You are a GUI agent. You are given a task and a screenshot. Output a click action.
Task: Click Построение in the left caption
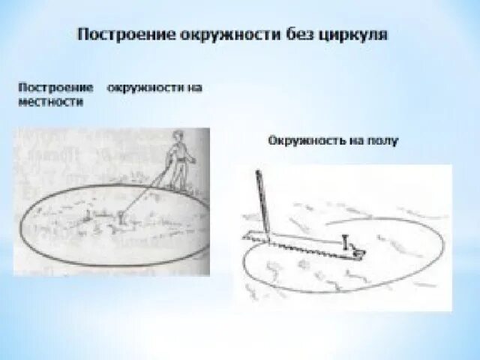pos(45,88)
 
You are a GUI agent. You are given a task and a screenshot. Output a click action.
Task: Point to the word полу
pos(385,140)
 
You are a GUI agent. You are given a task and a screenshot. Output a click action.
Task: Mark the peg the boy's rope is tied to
pos(121,218)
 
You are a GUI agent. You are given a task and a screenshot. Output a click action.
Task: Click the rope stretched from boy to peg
pos(143,196)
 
